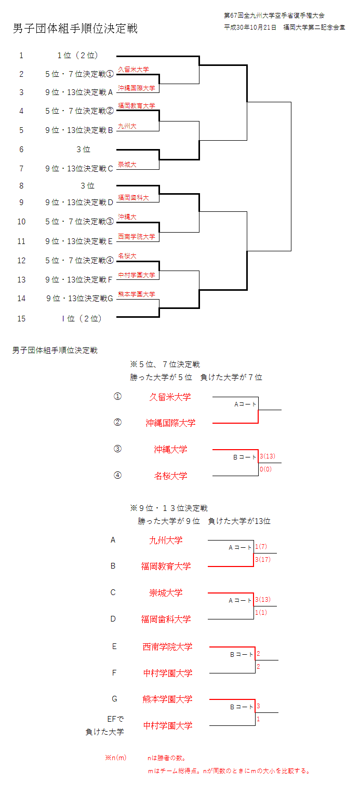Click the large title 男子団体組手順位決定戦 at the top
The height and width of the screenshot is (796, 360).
pos(75,29)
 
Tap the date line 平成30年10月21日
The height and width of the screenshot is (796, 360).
pos(252,27)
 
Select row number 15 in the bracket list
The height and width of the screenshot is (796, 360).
pos(21,319)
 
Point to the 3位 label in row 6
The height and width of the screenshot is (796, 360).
pos(83,150)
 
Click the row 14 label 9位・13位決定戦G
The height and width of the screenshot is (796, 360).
pos(79,299)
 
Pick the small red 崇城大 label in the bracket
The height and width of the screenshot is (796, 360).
pos(127,165)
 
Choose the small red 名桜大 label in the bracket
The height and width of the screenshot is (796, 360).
pos(127,255)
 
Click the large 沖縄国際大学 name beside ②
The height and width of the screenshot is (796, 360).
pos(170,423)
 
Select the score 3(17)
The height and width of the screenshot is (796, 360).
pos(263,560)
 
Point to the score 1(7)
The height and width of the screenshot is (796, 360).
pos(261,547)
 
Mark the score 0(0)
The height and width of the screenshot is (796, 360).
pos(265,469)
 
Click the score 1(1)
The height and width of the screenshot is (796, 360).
pos(261,613)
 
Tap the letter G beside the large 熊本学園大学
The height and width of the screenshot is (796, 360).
pos(114,699)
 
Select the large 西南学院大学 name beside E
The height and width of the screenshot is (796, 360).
pos(167,647)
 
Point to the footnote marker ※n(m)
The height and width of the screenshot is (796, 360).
pos(116,758)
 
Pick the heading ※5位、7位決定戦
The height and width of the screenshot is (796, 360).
pos(165,365)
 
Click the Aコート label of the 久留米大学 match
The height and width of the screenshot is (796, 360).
pos(245,404)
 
